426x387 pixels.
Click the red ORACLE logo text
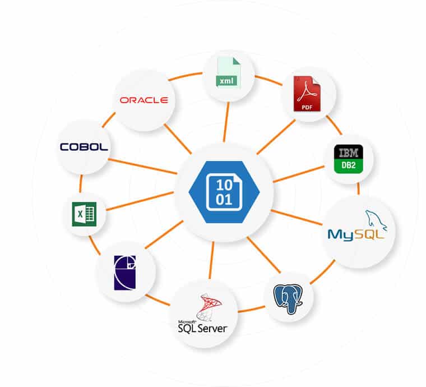[143, 100]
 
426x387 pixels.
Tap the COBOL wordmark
[84, 147]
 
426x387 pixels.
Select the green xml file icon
[228, 72]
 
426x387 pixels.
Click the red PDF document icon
[307, 94]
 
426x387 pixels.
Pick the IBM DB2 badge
[349, 159]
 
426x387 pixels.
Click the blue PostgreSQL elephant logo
[288, 298]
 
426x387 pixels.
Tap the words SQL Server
[202, 328]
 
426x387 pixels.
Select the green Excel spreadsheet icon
[84, 214]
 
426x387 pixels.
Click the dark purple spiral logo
[125, 273]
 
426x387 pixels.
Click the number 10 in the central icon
[224, 185]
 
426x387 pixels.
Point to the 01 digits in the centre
[224, 199]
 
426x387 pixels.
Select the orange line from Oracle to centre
[178, 139]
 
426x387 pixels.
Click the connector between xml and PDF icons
[268, 80]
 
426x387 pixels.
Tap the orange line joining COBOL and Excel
[81, 184]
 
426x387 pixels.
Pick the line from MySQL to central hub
[297, 218]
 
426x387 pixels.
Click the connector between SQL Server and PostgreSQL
[251, 309]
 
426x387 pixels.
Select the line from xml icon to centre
[226, 122]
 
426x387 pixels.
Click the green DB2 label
[349, 165]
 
